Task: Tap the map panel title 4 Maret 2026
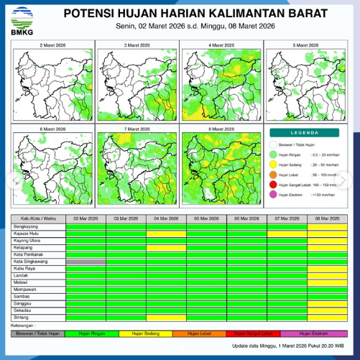pyautogui.click(x=221, y=45)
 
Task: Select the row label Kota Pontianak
pyautogui.click(x=29, y=254)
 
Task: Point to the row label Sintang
pyautogui.click(x=22, y=317)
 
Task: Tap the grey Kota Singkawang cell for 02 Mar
pyautogui.click(x=86, y=261)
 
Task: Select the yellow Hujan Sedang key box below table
pyautogui.click(x=145, y=333)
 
